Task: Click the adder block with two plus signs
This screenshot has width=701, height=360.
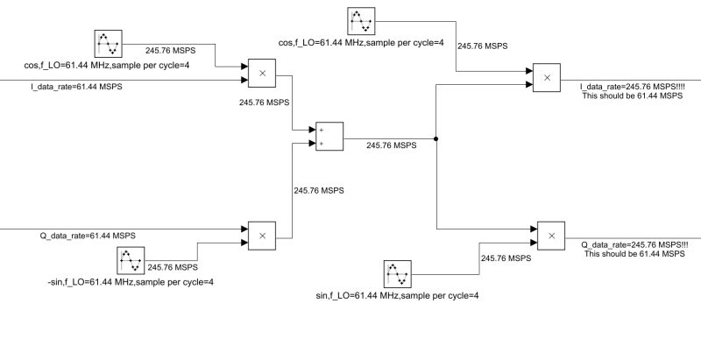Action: pos(329,137)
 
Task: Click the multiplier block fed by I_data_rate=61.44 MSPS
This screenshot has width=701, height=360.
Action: pos(262,74)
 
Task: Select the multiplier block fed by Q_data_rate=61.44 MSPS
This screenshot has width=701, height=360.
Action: pos(262,236)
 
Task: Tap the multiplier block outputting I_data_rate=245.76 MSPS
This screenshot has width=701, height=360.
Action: pos(546,78)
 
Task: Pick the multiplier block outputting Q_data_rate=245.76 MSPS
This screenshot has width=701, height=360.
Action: pos(551,236)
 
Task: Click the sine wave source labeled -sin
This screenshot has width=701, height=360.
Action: pos(131,260)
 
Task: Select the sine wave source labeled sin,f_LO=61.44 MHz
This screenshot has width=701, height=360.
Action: pos(398,274)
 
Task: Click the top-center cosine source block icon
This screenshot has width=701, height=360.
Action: pos(361,21)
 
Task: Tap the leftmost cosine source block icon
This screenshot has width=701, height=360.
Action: pos(108,44)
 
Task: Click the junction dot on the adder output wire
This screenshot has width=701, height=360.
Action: pos(435,139)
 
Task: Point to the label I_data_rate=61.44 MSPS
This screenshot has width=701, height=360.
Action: pos(76,86)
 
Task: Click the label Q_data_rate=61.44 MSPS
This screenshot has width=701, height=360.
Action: pos(88,236)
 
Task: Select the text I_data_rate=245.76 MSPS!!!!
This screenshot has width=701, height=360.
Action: pos(632,87)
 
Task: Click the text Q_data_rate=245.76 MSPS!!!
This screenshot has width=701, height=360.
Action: pos(634,244)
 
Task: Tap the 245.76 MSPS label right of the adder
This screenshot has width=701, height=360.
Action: pos(392,145)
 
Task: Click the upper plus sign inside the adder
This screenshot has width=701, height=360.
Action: pos(322,130)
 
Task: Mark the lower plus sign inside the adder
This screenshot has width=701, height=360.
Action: pos(322,144)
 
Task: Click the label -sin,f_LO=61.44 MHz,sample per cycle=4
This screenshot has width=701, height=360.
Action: pos(130,282)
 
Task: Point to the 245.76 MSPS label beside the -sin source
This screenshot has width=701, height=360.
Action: pos(173,267)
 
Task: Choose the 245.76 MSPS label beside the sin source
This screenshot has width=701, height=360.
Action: pos(506,258)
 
